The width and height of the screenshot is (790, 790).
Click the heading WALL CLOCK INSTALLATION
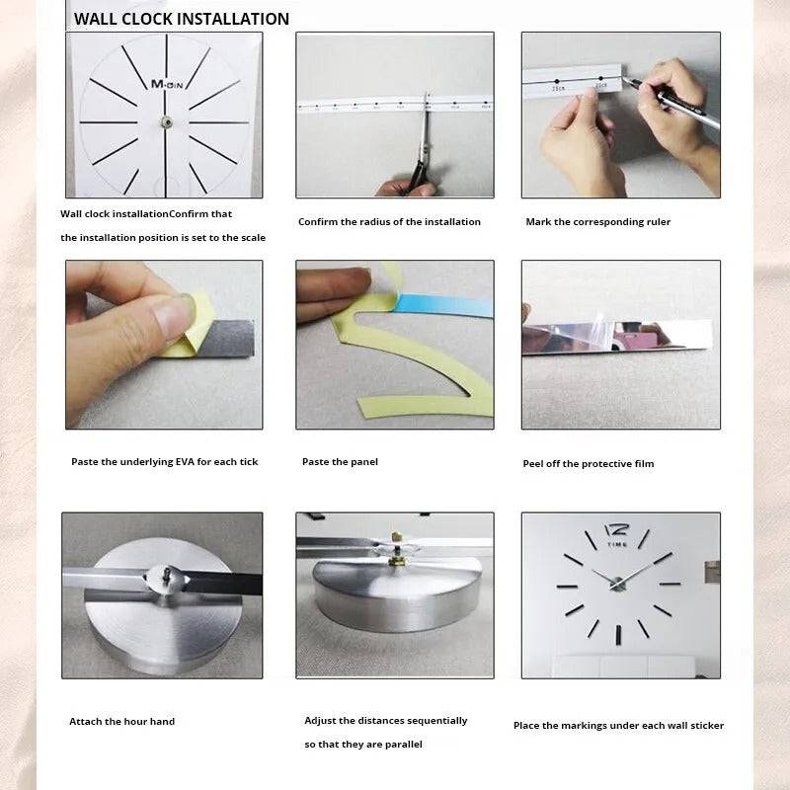coord(182,19)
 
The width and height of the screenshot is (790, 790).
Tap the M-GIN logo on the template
coord(167,85)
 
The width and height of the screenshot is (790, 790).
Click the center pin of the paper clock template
coord(166,121)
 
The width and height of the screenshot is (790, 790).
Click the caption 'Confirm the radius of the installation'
coord(389,222)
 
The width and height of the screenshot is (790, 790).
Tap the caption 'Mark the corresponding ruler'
coord(597,222)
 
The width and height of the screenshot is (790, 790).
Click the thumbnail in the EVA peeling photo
coord(173,315)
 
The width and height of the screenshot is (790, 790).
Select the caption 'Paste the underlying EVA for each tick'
coord(164,462)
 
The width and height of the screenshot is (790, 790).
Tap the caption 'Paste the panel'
coord(340,462)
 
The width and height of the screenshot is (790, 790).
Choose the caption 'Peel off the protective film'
coord(588,464)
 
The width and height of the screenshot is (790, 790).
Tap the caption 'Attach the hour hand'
coord(121,722)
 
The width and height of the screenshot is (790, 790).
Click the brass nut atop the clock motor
coord(394,560)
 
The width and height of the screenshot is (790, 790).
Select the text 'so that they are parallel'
coord(363,745)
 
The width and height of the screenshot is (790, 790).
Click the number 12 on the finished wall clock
coord(616,530)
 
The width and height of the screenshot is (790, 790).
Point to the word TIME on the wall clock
coord(617,545)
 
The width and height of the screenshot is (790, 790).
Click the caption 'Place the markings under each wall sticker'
coord(618,726)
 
